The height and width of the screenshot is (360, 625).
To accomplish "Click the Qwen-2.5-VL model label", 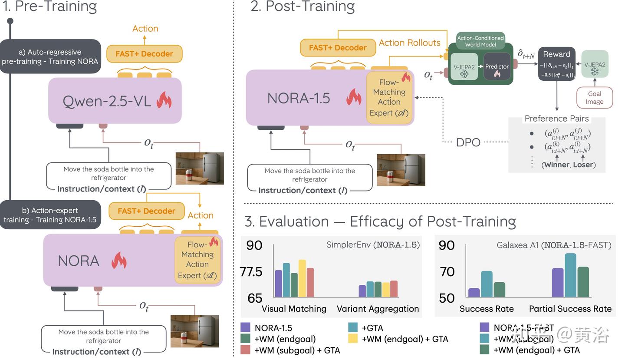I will pyautogui.click(x=107, y=101).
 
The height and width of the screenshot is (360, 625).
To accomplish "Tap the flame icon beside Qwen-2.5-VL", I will pyautogui.click(x=164, y=100).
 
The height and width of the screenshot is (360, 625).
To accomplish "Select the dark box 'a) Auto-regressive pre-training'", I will pyautogui.click(x=50, y=56).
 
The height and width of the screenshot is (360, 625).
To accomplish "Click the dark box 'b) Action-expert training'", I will pyautogui.click(x=50, y=215).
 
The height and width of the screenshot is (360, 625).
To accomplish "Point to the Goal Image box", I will pyautogui.click(x=594, y=98).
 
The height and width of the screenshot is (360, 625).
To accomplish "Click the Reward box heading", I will pyautogui.click(x=556, y=54).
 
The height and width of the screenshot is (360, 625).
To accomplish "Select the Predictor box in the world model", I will pyautogui.click(x=497, y=67).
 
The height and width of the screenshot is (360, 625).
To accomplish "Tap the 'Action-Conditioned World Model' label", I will pyautogui.click(x=480, y=41).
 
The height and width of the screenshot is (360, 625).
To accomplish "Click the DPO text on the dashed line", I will pyautogui.click(x=468, y=142).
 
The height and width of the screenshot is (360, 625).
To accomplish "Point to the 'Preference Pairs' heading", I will pyautogui.click(x=556, y=119).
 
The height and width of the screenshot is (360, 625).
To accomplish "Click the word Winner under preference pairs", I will pyautogui.click(x=557, y=165).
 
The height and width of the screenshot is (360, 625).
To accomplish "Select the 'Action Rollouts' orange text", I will pyautogui.click(x=409, y=43).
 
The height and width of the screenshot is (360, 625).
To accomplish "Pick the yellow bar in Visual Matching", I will pyautogui.click(x=302, y=278).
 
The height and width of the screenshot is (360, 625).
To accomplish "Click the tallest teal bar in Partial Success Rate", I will pyautogui.click(x=570, y=275).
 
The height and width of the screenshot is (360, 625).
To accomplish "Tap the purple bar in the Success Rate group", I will pyautogui.click(x=474, y=293).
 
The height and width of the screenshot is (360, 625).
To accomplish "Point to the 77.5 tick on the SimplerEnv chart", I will pyautogui.click(x=251, y=272).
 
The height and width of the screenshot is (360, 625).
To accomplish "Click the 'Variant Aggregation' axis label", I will pyautogui.click(x=378, y=309).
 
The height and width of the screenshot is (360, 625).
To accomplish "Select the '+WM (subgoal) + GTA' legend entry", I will pyautogui.click(x=297, y=350).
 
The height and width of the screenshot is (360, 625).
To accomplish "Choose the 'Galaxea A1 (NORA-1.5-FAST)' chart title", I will pyautogui.click(x=554, y=245).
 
